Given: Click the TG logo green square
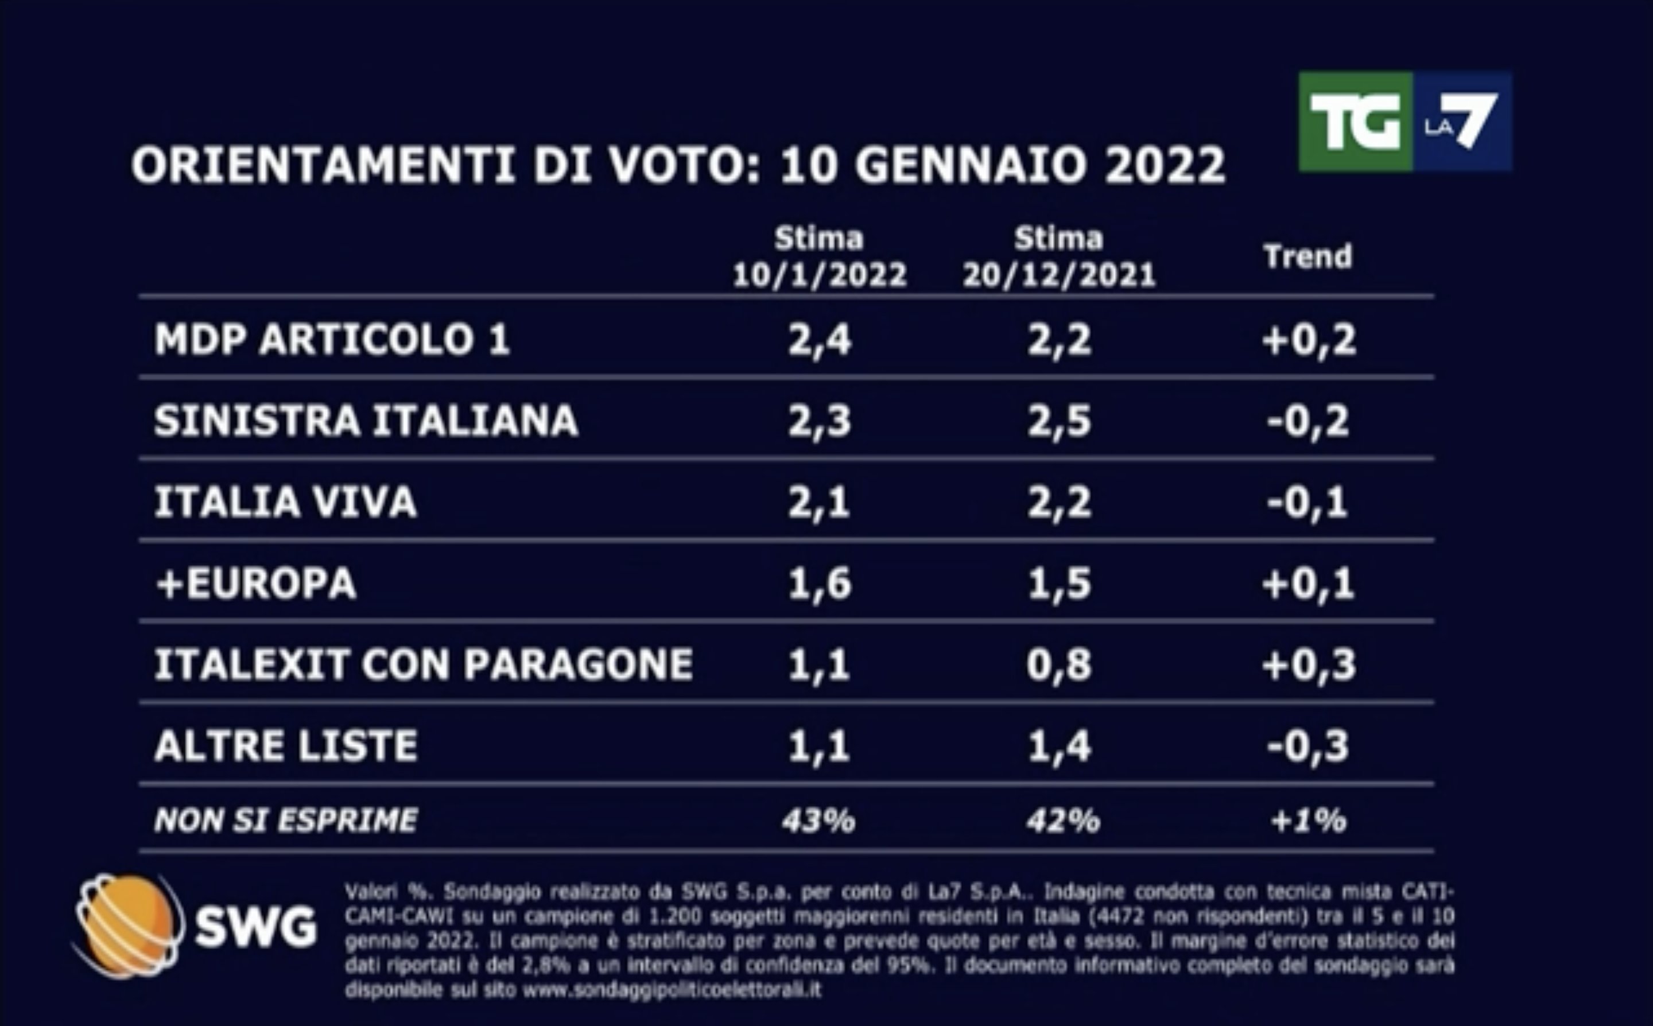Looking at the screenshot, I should [1355, 122].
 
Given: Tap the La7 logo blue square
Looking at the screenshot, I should [1462, 122].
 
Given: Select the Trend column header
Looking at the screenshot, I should [1307, 257].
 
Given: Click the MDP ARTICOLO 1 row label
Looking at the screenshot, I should [332, 339].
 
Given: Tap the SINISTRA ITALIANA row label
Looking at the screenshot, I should [366, 421].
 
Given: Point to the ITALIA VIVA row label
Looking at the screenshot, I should [285, 502].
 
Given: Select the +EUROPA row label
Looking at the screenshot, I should [256, 584].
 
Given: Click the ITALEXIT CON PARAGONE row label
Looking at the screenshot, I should [424, 664].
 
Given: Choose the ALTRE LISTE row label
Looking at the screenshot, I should [286, 746].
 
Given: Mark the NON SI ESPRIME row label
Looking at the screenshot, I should [286, 821].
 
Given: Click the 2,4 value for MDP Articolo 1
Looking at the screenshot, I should [819, 339].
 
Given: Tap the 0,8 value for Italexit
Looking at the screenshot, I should [1058, 665].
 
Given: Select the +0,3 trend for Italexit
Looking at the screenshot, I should [1308, 665].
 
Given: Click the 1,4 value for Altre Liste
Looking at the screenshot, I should [1058, 747].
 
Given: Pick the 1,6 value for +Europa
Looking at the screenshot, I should [819, 584].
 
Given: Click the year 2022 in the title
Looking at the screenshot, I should [1165, 165].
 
